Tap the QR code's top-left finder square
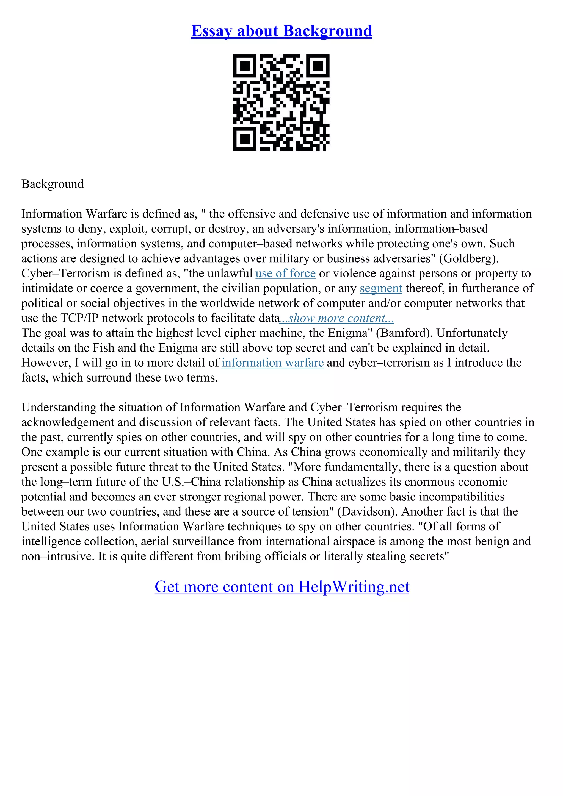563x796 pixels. (245, 66)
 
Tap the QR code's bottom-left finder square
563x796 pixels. (245, 139)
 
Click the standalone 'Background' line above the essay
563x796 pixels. (53, 184)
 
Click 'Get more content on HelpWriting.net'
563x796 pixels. (282, 587)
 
